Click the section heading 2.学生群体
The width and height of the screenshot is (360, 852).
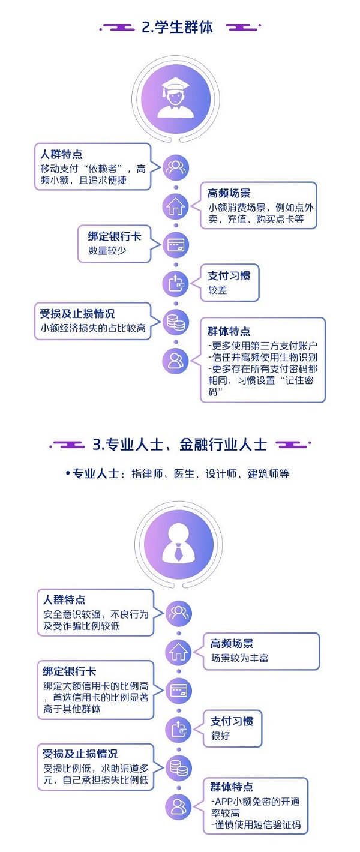[178, 28]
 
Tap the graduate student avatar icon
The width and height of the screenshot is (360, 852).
[176, 98]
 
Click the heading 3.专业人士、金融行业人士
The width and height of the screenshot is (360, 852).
[180, 444]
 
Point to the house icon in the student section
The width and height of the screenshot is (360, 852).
[176, 206]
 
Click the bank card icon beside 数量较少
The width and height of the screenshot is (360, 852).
[176, 245]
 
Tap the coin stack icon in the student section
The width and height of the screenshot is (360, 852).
[176, 322]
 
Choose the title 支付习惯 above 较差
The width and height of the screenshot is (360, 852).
[229, 276]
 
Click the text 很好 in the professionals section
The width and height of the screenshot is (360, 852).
[221, 736]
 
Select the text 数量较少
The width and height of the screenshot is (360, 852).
[107, 251]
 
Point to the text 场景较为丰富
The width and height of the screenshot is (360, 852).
[240, 658]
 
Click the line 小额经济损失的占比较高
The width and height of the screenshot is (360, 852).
[93, 328]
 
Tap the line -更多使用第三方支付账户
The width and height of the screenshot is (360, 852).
[263, 346]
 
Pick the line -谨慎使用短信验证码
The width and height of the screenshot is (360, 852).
[256, 824]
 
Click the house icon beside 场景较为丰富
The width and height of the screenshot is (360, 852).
[178, 652]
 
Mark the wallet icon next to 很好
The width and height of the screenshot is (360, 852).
[178, 730]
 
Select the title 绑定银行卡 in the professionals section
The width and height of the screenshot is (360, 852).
[69, 671]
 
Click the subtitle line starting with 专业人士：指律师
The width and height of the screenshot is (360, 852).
[178, 474]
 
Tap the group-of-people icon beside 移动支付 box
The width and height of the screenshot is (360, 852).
[176, 167]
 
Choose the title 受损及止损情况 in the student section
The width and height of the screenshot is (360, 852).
[77, 314]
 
